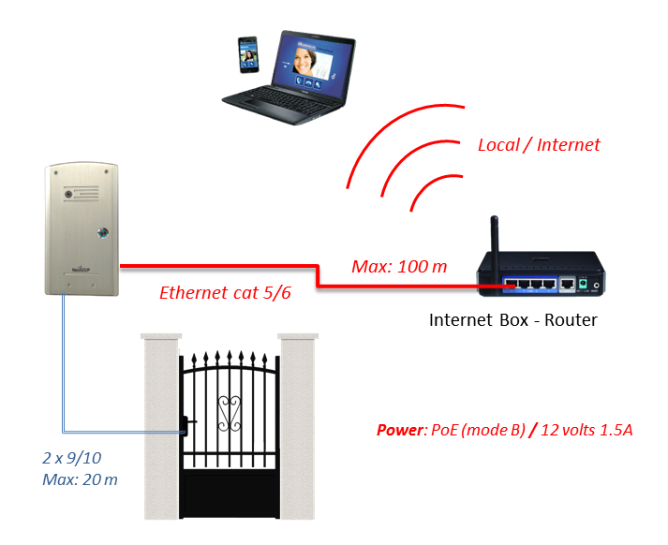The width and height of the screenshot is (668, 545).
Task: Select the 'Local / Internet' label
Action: pyautogui.click(x=539, y=145)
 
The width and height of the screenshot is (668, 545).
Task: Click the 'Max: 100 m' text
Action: pyautogui.click(x=399, y=267)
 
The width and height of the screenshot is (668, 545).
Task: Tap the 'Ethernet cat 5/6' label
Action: pyautogui.click(x=225, y=293)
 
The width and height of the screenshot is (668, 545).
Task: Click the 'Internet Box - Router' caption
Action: pyautogui.click(x=512, y=320)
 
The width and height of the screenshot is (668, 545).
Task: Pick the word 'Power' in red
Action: pyautogui.click(x=399, y=431)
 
